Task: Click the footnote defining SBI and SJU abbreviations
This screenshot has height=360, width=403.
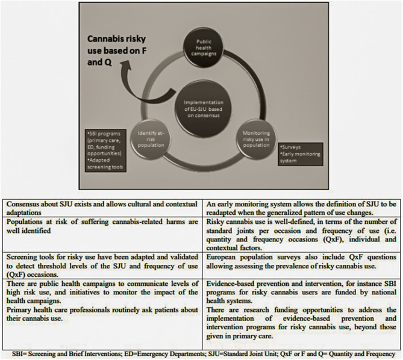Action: [x=201, y=353]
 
